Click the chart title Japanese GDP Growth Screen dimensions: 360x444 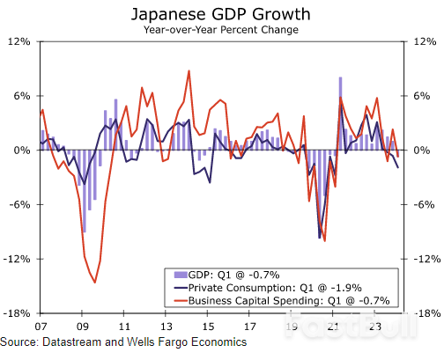tap(221, 14)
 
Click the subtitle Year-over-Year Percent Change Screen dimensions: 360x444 tap(221, 30)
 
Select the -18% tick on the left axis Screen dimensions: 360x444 tap(19, 313)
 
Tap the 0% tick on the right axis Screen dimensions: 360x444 tap(420, 151)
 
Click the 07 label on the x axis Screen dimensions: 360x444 tap(40, 325)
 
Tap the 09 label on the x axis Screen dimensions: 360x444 tap(81, 325)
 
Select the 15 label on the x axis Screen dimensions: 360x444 tap(208, 325)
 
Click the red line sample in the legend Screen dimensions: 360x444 tap(181, 300)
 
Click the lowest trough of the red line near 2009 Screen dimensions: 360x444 tap(94, 283)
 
